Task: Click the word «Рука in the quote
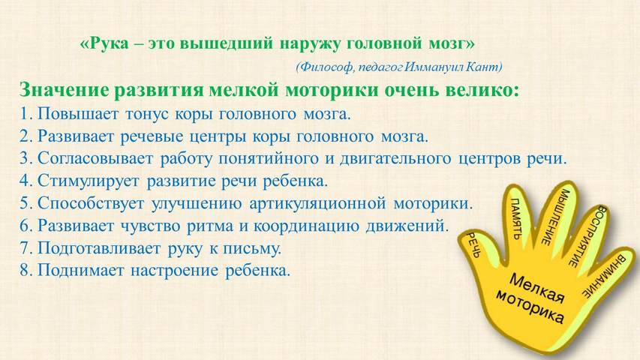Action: [x=104, y=43]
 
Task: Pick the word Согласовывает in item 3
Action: [x=95, y=158]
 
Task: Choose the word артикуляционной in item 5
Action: [x=317, y=203]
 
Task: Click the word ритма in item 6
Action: [x=210, y=226]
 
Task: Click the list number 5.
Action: [x=26, y=203]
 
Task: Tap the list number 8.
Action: [x=26, y=270]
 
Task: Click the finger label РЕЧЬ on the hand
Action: [x=474, y=244]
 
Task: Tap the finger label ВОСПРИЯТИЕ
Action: [x=587, y=237]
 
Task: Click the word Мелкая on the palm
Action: [x=536, y=288]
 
